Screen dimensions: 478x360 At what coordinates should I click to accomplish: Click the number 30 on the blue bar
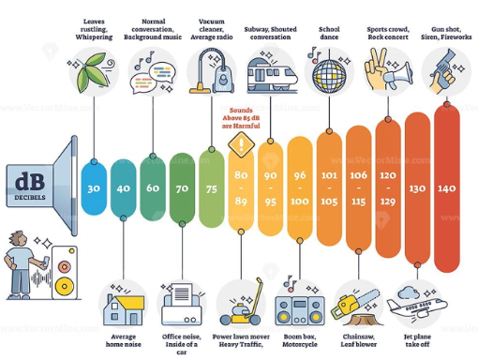point(94,188)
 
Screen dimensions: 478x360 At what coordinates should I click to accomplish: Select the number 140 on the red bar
point(447,188)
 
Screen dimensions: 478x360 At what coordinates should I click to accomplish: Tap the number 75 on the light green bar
point(212,188)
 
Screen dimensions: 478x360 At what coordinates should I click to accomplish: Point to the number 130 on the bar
point(417,188)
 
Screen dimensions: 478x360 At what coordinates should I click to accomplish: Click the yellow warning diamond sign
point(241,144)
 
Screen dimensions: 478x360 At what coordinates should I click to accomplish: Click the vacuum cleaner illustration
point(212,71)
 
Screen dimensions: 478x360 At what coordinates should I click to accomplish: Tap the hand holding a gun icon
point(444,71)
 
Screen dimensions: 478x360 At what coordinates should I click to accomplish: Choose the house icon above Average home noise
point(124,309)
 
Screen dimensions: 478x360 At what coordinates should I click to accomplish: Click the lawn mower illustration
point(241,302)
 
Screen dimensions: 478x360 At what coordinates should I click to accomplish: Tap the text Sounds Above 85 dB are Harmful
point(241,118)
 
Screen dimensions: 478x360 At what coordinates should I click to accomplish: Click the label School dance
point(329,33)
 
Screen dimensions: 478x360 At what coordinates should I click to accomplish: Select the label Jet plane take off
point(417,340)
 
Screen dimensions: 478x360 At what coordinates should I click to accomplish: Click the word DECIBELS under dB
point(30,198)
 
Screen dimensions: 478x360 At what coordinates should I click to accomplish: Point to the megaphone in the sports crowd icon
point(397,75)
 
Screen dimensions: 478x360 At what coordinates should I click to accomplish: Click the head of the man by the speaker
point(17,239)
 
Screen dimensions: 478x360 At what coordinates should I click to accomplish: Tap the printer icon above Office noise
point(182,305)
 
